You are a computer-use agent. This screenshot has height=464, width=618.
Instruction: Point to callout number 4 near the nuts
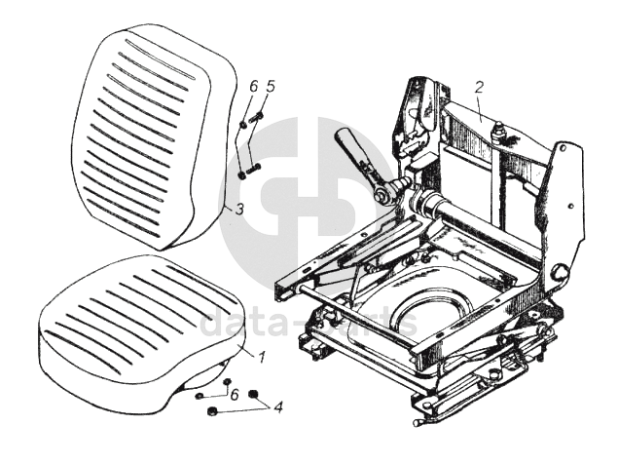click(278, 406)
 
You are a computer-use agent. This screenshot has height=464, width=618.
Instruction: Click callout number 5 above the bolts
click(271, 88)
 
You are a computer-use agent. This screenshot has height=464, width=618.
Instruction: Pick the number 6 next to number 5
click(252, 88)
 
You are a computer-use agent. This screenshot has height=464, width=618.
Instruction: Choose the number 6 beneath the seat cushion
click(233, 394)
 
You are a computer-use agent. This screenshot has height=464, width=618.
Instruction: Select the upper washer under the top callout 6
click(242, 124)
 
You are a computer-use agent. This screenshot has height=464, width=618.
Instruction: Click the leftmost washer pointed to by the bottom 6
click(199, 397)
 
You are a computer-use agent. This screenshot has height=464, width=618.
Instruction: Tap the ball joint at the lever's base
click(384, 192)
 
